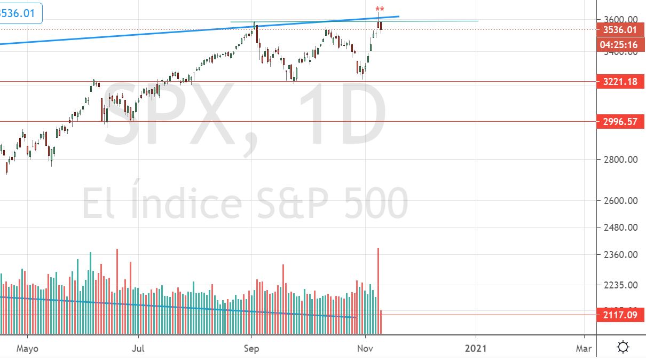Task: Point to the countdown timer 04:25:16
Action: coord(619,45)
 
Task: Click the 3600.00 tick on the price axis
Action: coord(618,19)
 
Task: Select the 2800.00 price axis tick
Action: coord(618,159)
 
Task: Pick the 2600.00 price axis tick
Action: coord(618,201)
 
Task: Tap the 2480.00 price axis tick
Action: coord(618,228)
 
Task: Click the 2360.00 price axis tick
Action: coord(618,255)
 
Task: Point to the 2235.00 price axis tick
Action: coord(618,285)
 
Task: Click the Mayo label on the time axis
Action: coord(28,348)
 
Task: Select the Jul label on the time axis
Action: coord(138,348)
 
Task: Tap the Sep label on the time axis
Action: coord(251,348)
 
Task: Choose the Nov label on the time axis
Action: coord(365,348)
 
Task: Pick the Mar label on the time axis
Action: coord(584,348)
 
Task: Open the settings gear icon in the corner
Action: coord(623,348)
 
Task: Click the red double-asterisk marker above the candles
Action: coord(380,10)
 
